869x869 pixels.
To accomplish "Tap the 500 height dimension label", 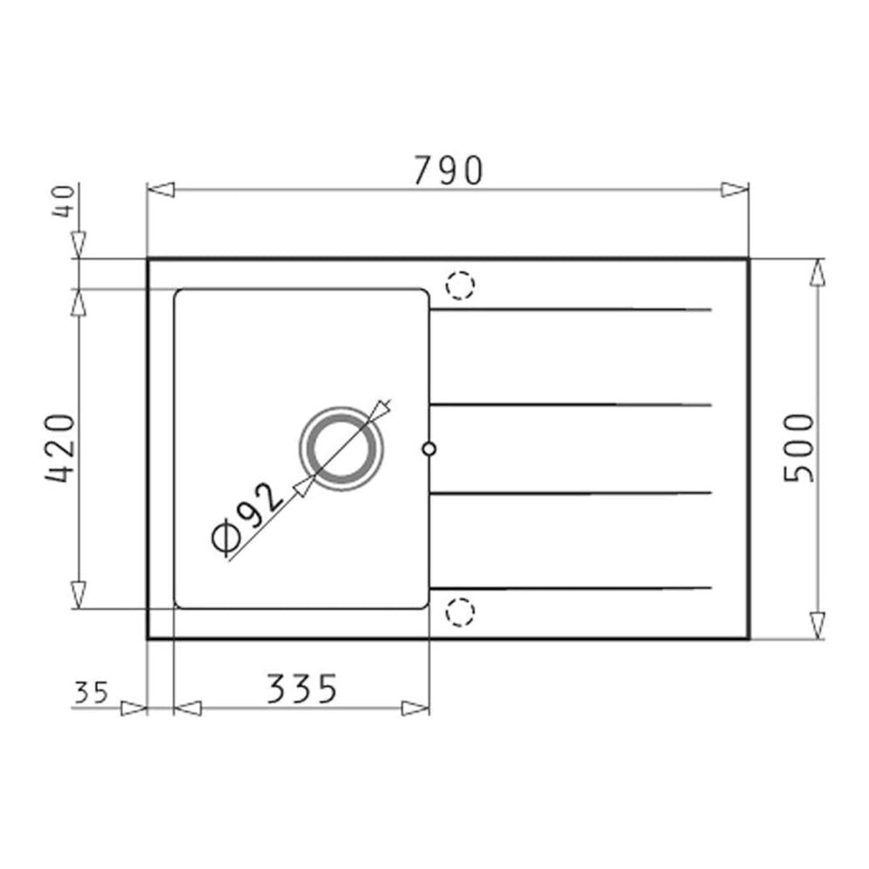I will [799, 448].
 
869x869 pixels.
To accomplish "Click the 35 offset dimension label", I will [90, 693].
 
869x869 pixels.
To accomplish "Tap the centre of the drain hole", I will [341, 448].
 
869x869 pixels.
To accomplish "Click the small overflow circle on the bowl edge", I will [428, 448].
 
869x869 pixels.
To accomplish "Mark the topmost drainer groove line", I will [572, 309].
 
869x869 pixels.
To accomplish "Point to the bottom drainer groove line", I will [572, 587].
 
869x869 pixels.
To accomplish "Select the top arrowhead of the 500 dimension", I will [817, 273].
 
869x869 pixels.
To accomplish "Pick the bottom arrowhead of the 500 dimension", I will [817, 625].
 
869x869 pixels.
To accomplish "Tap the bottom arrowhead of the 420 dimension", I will [79, 594].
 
